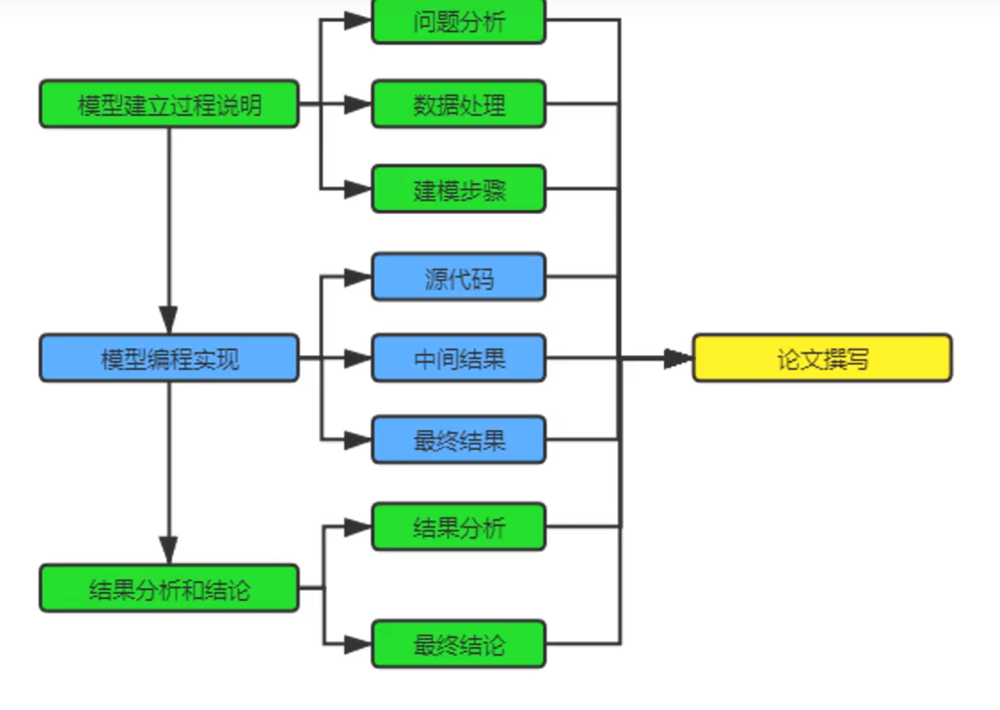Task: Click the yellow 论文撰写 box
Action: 822,359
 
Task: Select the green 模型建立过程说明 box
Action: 169,104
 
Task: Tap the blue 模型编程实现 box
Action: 169,359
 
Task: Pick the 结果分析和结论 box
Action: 169,588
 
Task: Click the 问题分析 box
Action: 458,21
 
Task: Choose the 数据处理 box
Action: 458,104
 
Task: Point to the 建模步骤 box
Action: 458,189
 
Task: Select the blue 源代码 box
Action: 458,278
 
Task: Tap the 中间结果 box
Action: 458,359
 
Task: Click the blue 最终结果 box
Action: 458,440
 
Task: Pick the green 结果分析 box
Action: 458,527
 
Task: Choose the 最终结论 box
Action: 458,644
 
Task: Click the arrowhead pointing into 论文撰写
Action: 678,359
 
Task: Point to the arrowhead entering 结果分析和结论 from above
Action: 169,550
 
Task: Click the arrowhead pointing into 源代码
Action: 358,278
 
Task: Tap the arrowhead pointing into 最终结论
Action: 358,644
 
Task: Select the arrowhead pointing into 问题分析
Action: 358,20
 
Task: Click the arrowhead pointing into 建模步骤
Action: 358,189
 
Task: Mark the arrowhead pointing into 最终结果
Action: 358,440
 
